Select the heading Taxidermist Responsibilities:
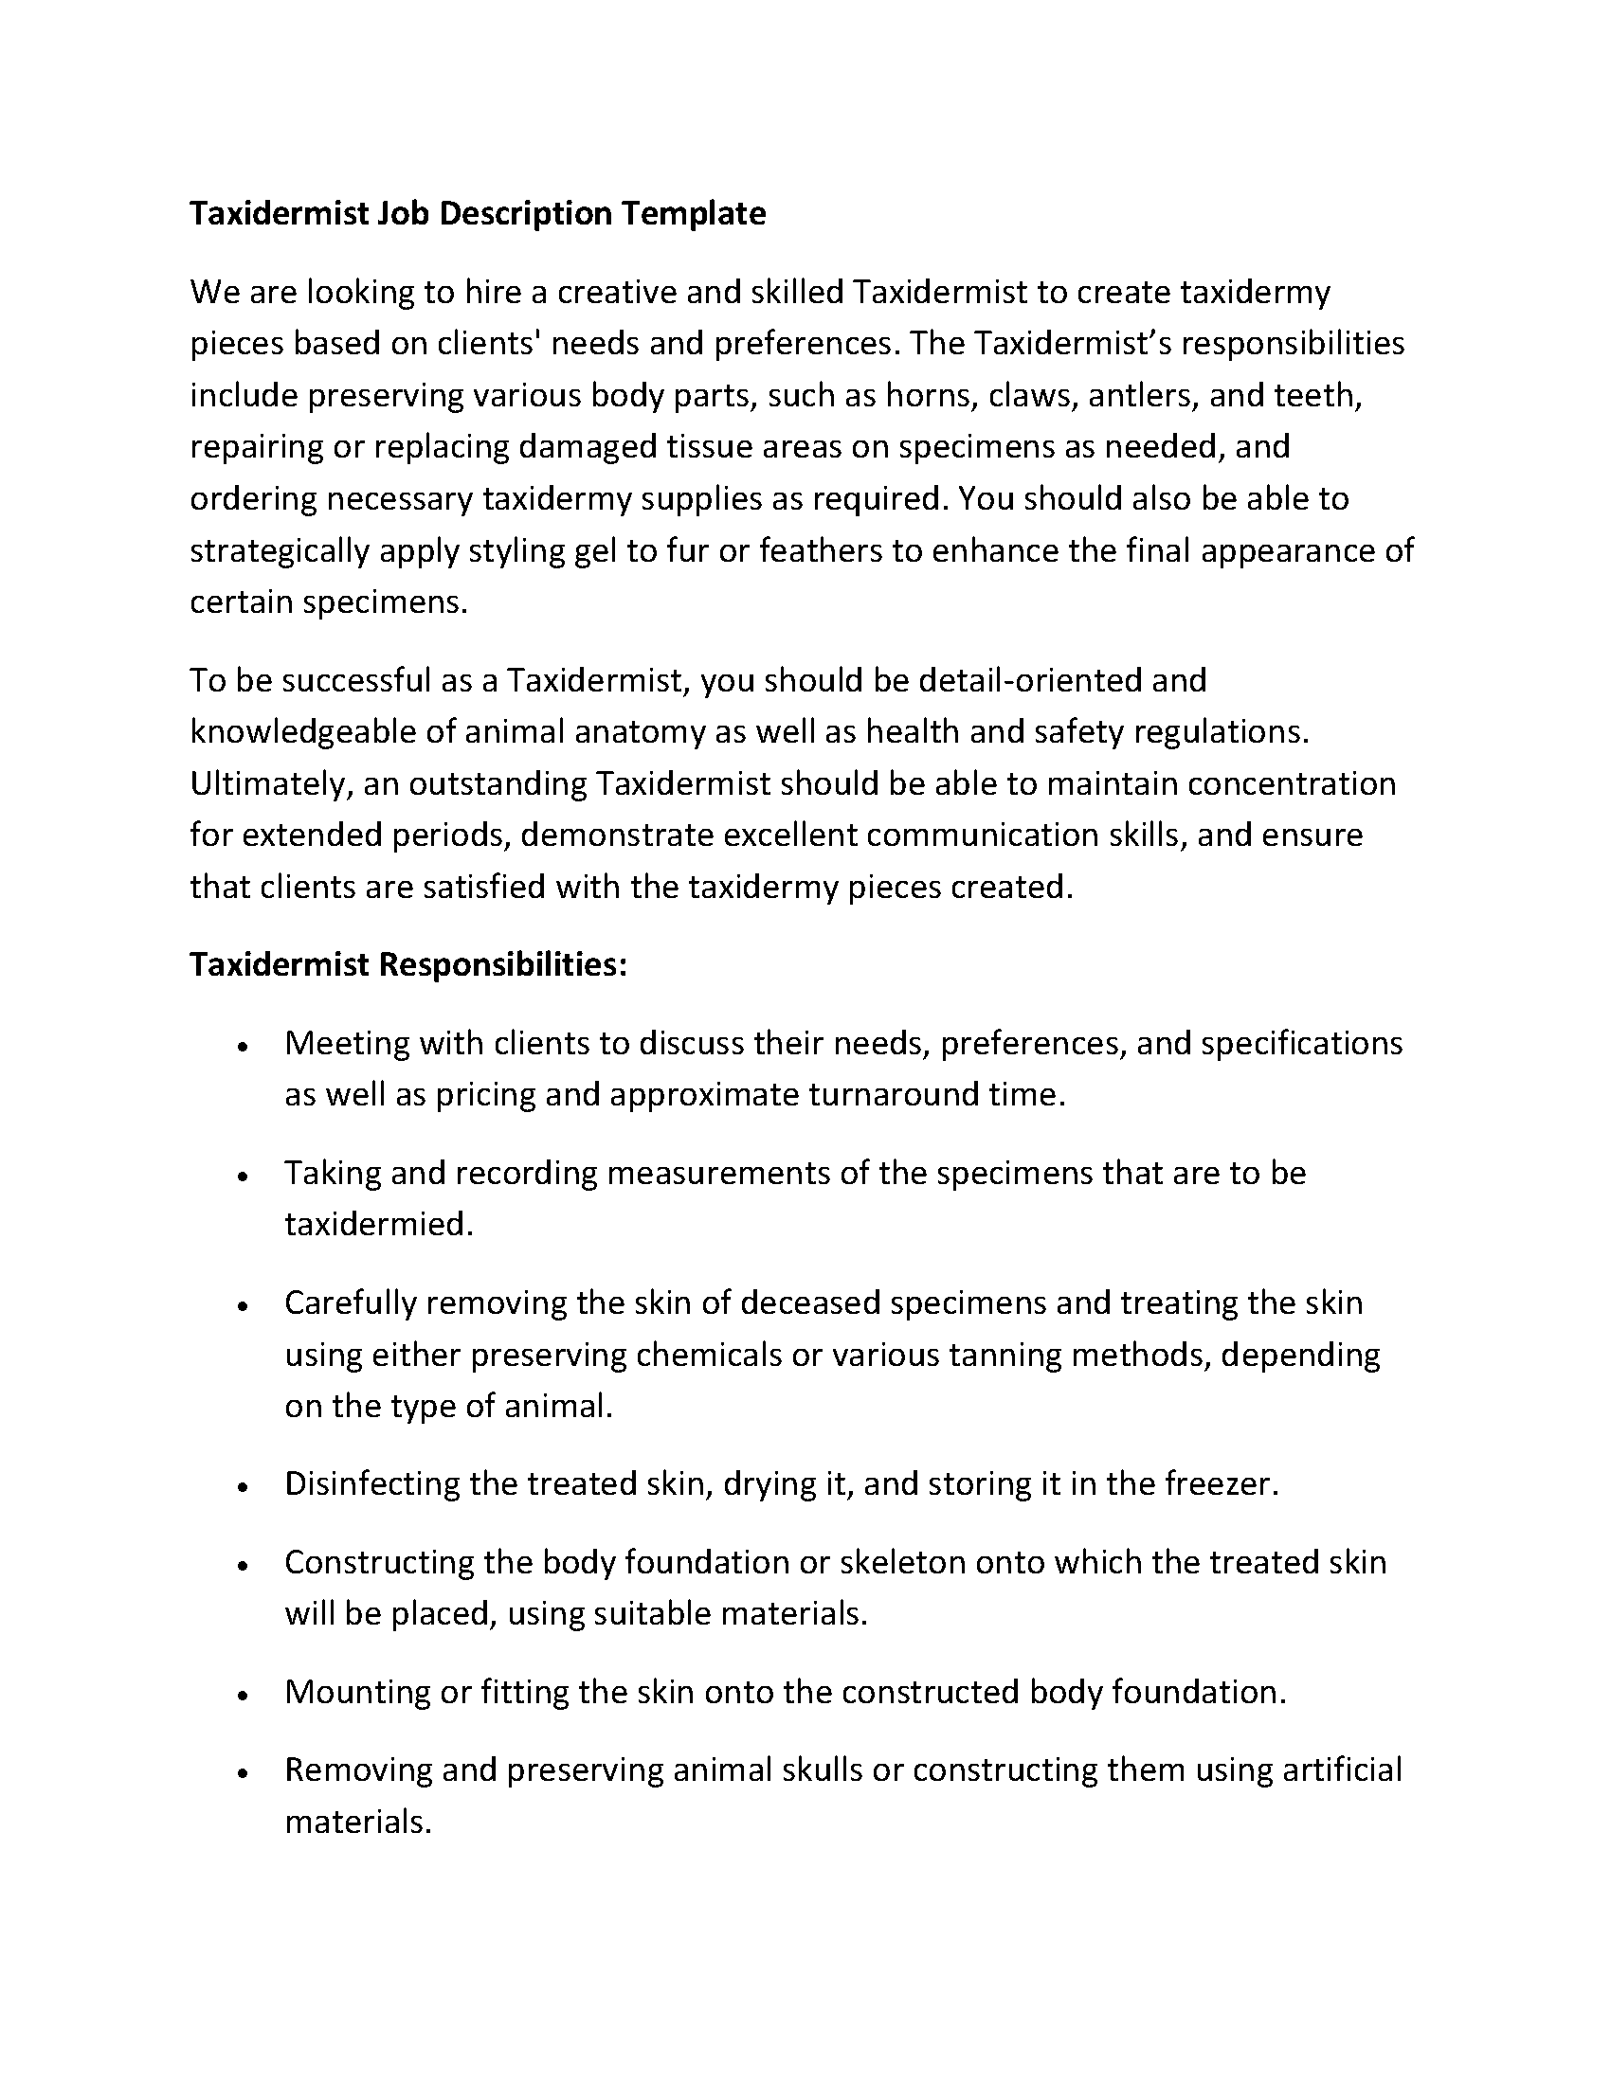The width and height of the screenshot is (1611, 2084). pyautogui.click(x=408, y=964)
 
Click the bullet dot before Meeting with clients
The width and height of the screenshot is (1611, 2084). pyautogui.click(x=244, y=1047)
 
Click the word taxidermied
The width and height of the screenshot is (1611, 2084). pyautogui.click(x=378, y=1224)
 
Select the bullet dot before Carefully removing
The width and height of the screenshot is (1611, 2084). pyautogui.click(x=244, y=1306)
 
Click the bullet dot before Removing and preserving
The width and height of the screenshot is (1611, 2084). pyautogui.click(x=244, y=1774)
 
